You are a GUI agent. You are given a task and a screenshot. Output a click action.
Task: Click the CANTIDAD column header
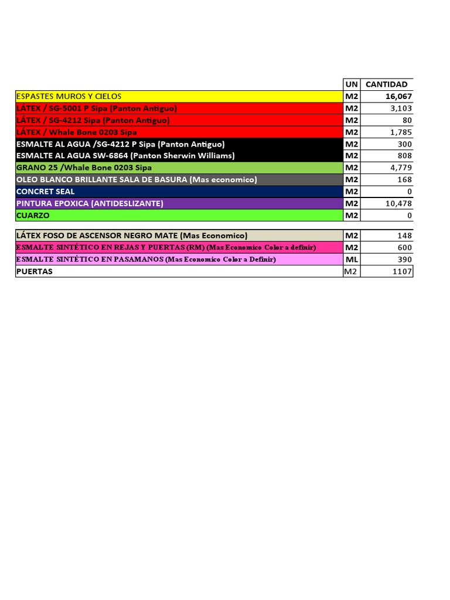pyautogui.click(x=386, y=84)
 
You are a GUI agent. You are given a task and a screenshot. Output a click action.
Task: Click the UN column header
pyautogui.click(x=352, y=84)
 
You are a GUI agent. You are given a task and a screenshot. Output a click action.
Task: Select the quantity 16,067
pyautogui.click(x=398, y=96)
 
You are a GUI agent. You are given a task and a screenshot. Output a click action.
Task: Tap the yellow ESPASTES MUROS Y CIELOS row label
pyautogui.click(x=69, y=96)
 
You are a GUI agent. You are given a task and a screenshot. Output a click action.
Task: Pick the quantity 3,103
pyautogui.click(x=401, y=108)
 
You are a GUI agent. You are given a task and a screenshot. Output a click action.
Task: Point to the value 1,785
pyautogui.click(x=401, y=132)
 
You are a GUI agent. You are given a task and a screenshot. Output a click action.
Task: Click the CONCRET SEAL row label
pyautogui.click(x=46, y=192)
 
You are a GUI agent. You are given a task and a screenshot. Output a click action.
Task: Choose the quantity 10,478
pyautogui.click(x=398, y=203)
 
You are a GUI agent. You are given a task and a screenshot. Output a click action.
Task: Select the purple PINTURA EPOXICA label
pyautogui.click(x=90, y=203)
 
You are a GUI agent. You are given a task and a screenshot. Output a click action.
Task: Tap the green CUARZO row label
pyautogui.click(x=33, y=216)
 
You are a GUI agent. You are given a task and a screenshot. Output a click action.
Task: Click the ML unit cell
pyautogui.click(x=352, y=259)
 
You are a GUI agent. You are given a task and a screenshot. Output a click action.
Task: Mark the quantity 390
pyautogui.click(x=405, y=259)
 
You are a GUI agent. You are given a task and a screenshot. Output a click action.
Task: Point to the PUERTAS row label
pyautogui.click(x=35, y=271)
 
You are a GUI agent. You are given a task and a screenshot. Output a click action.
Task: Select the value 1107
pyautogui.click(x=403, y=271)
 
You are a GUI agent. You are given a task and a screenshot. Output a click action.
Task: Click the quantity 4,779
pyautogui.click(x=401, y=168)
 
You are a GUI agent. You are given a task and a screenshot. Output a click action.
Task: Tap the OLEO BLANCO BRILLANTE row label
pyautogui.click(x=137, y=180)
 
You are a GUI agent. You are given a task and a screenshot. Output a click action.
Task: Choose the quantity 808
pyautogui.click(x=405, y=156)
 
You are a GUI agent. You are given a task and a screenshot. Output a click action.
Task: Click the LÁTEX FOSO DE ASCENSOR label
pyautogui.click(x=132, y=236)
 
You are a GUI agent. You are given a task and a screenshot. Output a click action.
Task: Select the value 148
pyautogui.click(x=405, y=236)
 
